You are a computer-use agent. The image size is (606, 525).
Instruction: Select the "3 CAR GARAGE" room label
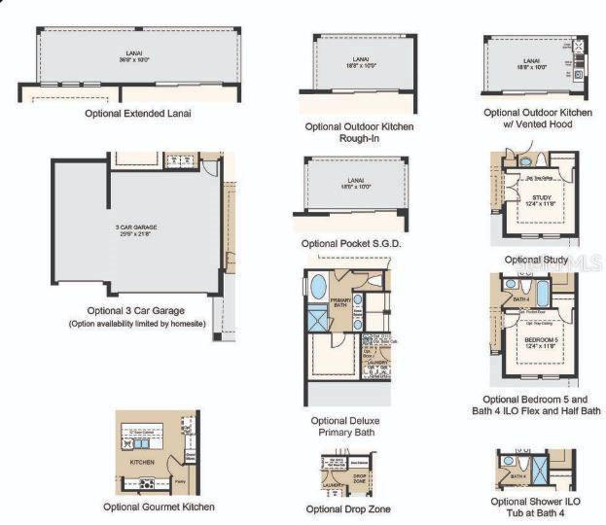click(x=135, y=227)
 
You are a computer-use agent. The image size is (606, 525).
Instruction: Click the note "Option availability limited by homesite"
click(x=136, y=323)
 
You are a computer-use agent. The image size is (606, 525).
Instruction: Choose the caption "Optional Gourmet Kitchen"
click(x=159, y=507)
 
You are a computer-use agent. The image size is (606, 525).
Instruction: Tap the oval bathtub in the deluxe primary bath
click(x=318, y=287)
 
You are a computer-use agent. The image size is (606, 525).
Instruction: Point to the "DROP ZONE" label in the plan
click(x=359, y=478)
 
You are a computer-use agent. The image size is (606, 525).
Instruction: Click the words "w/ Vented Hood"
click(x=537, y=124)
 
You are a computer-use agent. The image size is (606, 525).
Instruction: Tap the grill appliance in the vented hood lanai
click(x=578, y=46)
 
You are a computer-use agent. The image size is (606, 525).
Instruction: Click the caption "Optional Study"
click(x=536, y=260)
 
